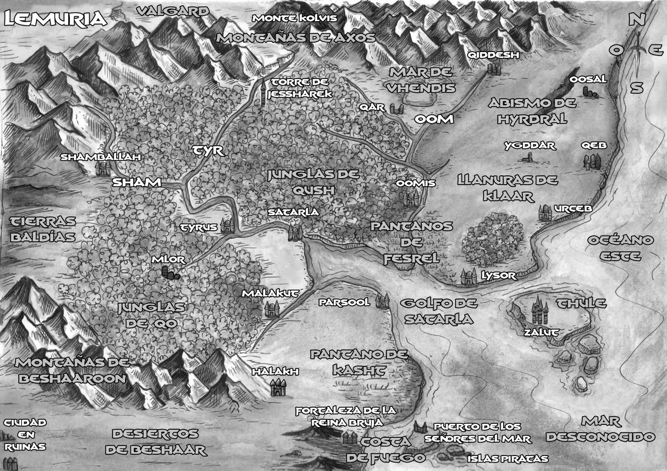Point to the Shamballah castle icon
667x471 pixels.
point(102,168)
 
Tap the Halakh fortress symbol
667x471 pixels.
point(276,388)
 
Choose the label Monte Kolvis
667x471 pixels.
point(294,18)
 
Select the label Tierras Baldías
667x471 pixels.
point(43,229)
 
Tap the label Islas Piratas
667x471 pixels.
point(507,459)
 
